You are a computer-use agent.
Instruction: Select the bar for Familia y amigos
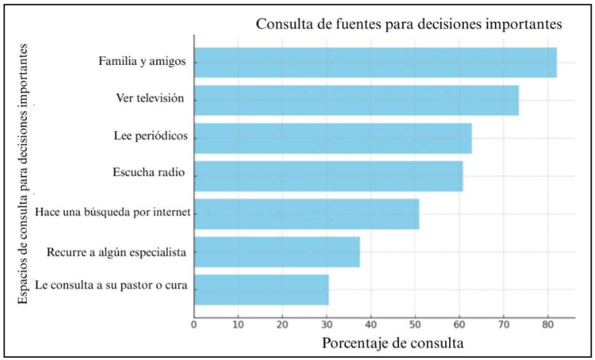(x=375, y=62)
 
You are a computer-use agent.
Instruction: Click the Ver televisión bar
(x=357, y=100)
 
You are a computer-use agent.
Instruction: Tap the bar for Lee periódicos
(x=333, y=138)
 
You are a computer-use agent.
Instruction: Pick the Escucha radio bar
(x=328, y=176)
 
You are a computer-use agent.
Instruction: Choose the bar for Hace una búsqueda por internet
(x=307, y=214)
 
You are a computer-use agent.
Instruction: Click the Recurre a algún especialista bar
(x=277, y=252)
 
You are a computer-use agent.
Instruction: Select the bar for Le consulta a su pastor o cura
(x=261, y=290)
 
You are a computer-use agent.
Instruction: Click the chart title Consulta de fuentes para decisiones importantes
(x=409, y=24)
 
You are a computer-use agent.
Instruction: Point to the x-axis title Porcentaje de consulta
(x=393, y=343)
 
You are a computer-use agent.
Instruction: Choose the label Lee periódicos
(x=151, y=137)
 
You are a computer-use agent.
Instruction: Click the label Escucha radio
(x=147, y=172)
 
